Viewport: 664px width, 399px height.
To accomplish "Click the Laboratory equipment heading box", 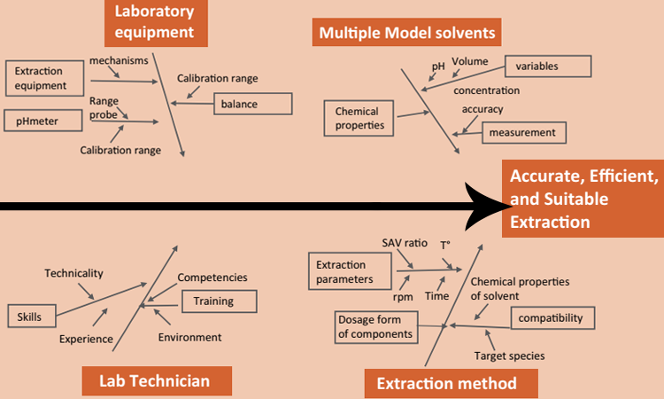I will (x=155, y=22).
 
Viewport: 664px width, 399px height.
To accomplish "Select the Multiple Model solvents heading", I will (x=406, y=35).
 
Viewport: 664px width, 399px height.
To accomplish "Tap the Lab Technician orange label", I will (x=156, y=381).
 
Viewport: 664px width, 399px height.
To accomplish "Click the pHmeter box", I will (x=42, y=119).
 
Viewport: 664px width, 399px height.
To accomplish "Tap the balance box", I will (x=252, y=104).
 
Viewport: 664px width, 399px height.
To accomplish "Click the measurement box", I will (x=523, y=133).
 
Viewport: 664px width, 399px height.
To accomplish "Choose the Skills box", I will (x=29, y=316).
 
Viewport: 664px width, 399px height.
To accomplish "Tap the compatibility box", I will (x=550, y=317).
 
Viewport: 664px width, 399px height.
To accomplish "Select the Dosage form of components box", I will (x=375, y=326).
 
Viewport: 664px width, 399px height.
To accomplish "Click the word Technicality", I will (x=74, y=273).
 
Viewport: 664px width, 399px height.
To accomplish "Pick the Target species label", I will (x=509, y=356).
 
